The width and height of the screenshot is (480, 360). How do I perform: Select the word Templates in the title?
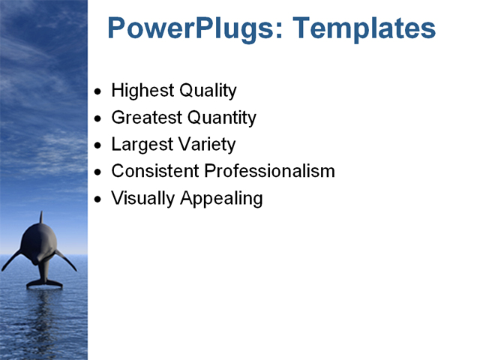pos(364,29)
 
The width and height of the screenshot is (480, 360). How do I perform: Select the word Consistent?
pos(155,171)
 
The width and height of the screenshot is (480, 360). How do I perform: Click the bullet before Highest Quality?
pos(97,92)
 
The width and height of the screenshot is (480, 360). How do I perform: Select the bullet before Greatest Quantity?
pos(97,119)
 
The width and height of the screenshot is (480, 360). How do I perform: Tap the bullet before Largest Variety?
pos(97,145)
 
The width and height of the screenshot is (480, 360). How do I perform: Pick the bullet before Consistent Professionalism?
pos(97,172)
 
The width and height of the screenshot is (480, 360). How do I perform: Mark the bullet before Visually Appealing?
pos(97,199)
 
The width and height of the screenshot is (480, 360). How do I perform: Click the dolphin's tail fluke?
pos(44,283)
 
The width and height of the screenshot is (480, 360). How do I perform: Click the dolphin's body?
pos(40,247)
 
